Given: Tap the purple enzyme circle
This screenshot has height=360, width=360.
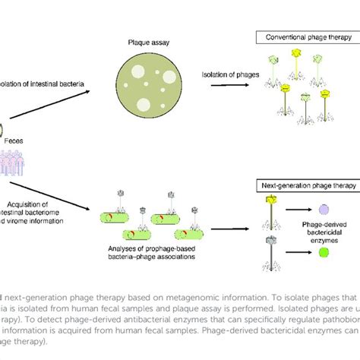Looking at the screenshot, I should coord(324,208).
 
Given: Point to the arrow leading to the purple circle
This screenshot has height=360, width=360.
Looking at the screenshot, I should coord(297,208).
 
